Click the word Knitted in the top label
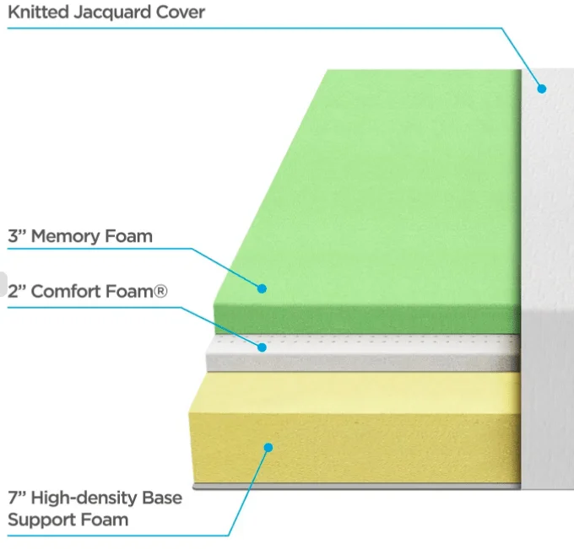(x=34, y=13)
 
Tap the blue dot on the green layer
(x=263, y=288)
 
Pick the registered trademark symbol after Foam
(x=160, y=292)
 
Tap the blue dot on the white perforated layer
(x=263, y=347)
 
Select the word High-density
(x=88, y=498)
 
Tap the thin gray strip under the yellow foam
(x=355, y=487)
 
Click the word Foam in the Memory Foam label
(x=129, y=236)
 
